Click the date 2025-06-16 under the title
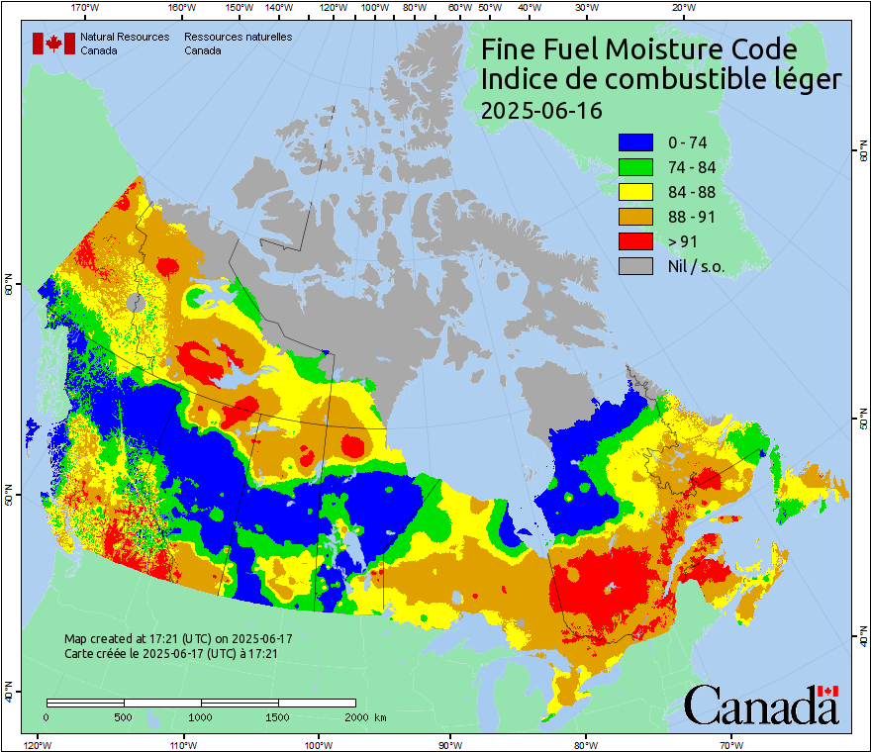[540, 110]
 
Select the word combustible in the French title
[675, 80]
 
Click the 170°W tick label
[85, 8]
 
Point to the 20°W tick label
[682, 8]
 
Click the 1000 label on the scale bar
[201, 716]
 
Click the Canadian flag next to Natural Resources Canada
[53, 44]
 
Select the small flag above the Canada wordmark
[827, 691]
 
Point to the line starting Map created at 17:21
[178, 639]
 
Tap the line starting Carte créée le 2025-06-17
[170, 654]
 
